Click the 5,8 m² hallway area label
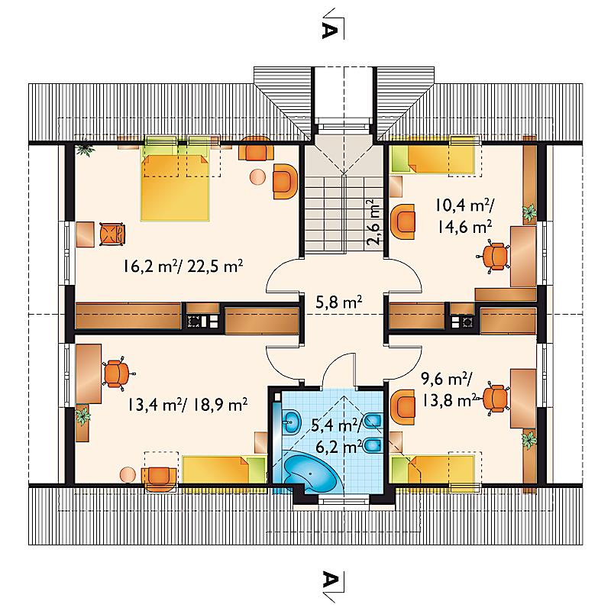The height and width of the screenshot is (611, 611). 339,302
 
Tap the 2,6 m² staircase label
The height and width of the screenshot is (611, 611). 373,222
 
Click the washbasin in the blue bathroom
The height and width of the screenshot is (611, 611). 291,422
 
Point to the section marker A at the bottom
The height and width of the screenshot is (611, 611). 329,581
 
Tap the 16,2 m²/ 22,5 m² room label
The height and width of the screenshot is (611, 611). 183,267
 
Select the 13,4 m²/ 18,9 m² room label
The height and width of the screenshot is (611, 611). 186,405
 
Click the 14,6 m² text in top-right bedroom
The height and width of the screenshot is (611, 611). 464,226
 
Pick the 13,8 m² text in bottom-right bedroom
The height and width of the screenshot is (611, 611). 450,399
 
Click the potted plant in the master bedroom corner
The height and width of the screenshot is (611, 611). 85,150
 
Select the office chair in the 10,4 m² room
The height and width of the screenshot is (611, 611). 494,256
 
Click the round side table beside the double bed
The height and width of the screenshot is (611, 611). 257,177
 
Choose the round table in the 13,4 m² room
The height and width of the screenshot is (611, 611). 128,474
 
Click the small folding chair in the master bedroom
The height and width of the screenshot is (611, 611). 112,234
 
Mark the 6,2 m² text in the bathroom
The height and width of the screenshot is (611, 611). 338,447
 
